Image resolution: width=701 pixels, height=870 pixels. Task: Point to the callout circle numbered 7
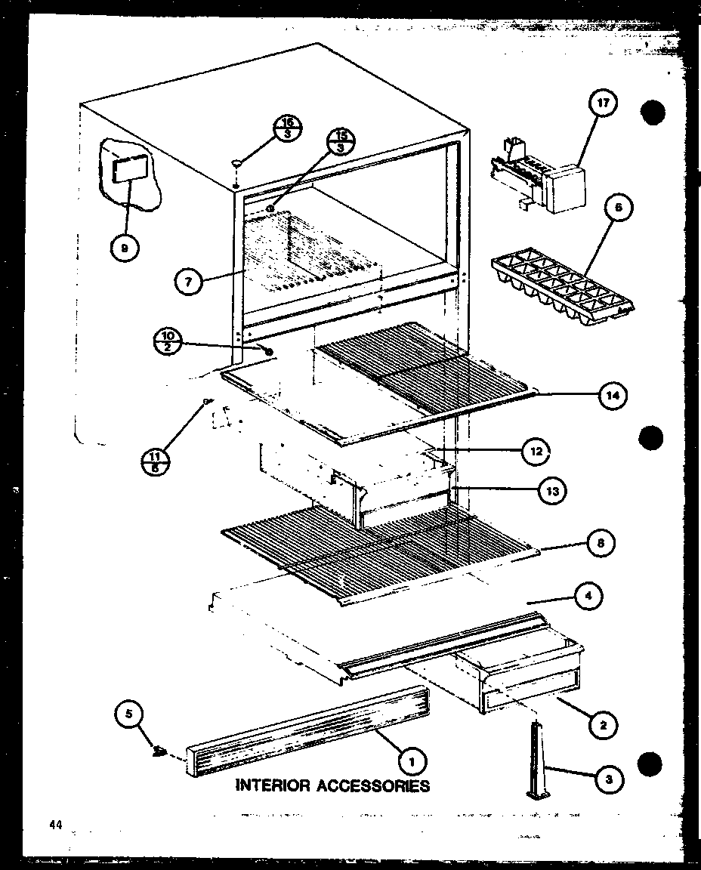188,283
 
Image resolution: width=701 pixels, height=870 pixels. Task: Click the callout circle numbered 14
614,394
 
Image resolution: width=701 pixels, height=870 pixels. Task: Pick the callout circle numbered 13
552,491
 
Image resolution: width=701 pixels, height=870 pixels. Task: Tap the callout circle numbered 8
601,542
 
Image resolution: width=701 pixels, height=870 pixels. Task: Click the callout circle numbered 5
128,714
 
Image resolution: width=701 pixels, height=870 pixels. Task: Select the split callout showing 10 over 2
169,341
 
